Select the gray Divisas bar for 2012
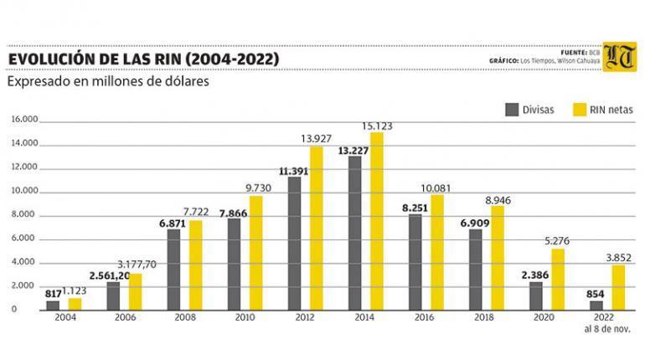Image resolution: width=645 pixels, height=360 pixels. click(x=295, y=244)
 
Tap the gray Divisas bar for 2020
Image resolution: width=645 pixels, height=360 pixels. click(x=536, y=296)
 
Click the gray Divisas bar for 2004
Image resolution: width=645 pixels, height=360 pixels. click(x=53, y=306)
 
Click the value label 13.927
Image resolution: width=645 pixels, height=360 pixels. click(x=317, y=138)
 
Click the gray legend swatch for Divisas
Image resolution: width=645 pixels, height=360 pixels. click(x=511, y=109)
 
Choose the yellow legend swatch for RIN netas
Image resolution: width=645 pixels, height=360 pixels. click(x=578, y=109)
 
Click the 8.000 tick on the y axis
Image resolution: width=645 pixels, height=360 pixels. click(x=26, y=215)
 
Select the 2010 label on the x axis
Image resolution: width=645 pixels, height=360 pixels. click(x=245, y=319)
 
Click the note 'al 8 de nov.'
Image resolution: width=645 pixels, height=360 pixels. click(x=608, y=330)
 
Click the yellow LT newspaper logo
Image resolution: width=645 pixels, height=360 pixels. click(x=619, y=56)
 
